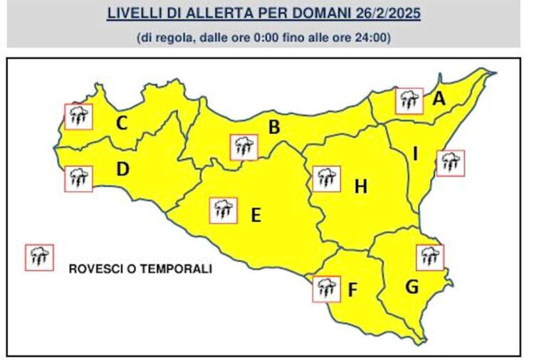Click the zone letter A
(439, 100)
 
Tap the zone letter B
(273, 128)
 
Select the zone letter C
(122, 124)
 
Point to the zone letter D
(122, 170)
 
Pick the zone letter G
(412, 287)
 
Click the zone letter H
(361, 187)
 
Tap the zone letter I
(416, 153)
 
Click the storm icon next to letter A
(409, 101)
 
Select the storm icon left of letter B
(244, 147)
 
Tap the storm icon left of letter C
(78, 116)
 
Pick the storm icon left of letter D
(78, 179)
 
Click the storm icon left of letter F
(326, 289)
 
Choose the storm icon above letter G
(429, 257)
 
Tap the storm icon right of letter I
(450, 163)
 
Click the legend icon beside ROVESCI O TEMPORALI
(39, 257)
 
